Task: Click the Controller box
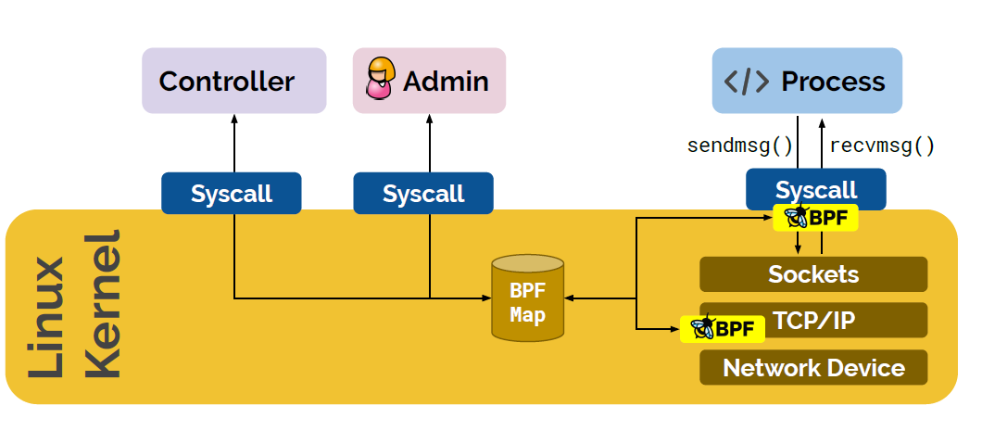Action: coord(233,82)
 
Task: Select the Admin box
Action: coord(429,82)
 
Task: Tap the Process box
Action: coord(806,82)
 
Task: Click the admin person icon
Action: coord(379,80)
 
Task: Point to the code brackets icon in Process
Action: coord(747,82)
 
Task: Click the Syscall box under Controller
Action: coord(232,193)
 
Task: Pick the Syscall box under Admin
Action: coord(423,193)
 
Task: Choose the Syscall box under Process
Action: coord(815,189)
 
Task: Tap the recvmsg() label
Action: coord(882,146)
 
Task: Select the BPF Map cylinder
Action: coord(527,297)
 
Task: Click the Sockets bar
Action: coord(812,274)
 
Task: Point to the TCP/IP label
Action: coord(812,321)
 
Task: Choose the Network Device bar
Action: coord(812,367)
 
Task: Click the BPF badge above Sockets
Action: coord(815,218)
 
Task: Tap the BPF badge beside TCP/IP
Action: coord(723,328)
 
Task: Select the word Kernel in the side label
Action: coord(102,306)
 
